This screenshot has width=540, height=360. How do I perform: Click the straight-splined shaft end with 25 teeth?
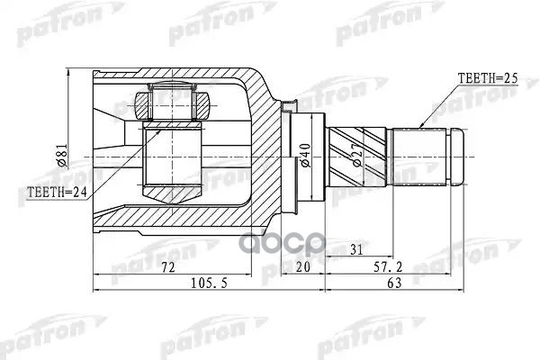click(421, 157)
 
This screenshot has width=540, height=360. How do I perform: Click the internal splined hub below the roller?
click(172, 162)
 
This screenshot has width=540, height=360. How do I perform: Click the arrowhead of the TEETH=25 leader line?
click(421, 123)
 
